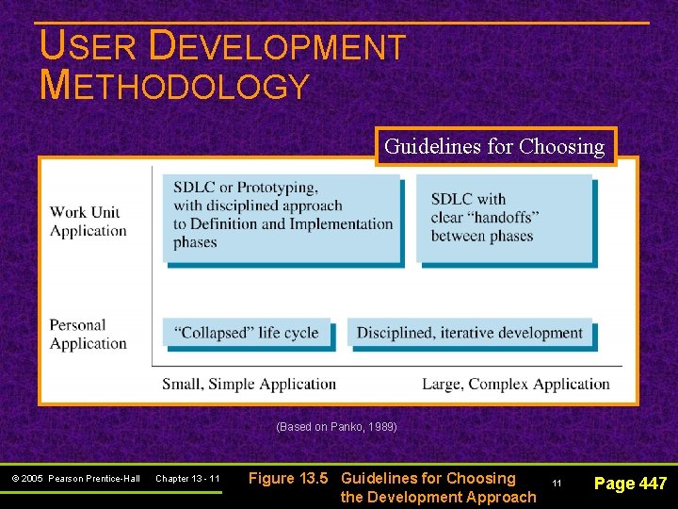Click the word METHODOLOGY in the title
(x=175, y=86)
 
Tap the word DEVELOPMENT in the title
(x=278, y=47)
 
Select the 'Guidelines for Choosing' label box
(x=494, y=147)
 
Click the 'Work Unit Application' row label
(x=89, y=222)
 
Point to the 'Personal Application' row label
(x=89, y=335)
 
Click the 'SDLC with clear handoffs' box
(x=506, y=218)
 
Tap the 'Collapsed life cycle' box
(x=247, y=332)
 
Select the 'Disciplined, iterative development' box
(x=470, y=332)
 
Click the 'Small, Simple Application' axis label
(x=249, y=384)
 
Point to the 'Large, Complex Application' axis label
(x=516, y=384)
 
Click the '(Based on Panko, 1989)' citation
(x=336, y=427)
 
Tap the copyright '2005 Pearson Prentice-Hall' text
(x=76, y=479)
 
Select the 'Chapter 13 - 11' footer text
(x=187, y=479)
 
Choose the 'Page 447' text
(x=630, y=484)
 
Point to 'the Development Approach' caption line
(x=438, y=497)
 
